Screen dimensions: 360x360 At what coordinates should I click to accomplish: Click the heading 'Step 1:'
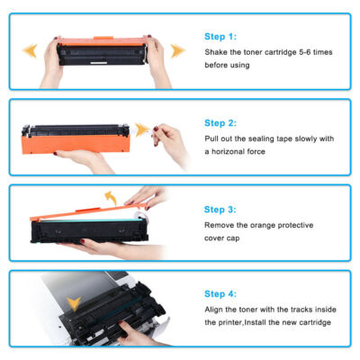220,37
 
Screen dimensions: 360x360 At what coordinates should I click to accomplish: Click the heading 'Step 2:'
220,123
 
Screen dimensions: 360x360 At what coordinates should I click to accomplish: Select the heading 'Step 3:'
220,208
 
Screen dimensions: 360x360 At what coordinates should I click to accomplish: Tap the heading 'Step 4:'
220,293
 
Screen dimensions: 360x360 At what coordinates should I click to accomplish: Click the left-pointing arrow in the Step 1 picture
29,50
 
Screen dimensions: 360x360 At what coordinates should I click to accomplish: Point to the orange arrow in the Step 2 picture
140,129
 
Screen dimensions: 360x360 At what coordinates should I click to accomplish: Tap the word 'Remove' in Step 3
218,224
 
